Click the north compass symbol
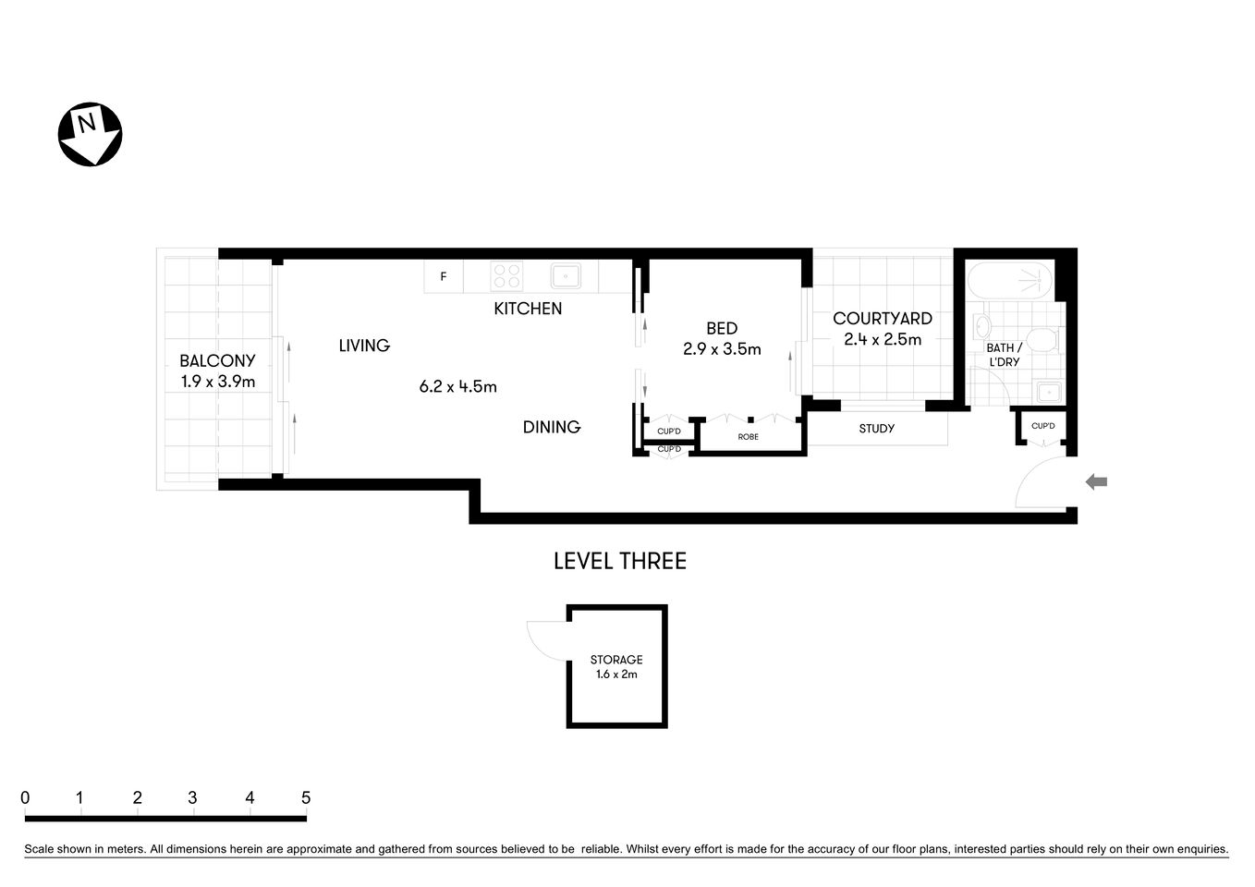[x=90, y=134]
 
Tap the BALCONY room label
[x=217, y=361]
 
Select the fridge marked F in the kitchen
[x=444, y=276]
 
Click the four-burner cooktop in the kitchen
[x=507, y=276]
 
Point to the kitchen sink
[x=565, y=276]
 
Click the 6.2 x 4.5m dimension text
[x=457, y=387]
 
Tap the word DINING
[x=552, y=427]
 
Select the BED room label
[x=722, y=328]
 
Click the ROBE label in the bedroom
[x=749, y=436]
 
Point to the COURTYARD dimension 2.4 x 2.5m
[x=883, y=339]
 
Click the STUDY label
[x=876, y=429]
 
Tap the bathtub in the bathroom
[x=1009, y=277]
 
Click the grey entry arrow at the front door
[x=1096, y=481]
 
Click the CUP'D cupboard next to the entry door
[x=1042, y=426]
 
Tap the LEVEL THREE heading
[x=619, y=561]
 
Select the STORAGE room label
[x=616, y=660]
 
